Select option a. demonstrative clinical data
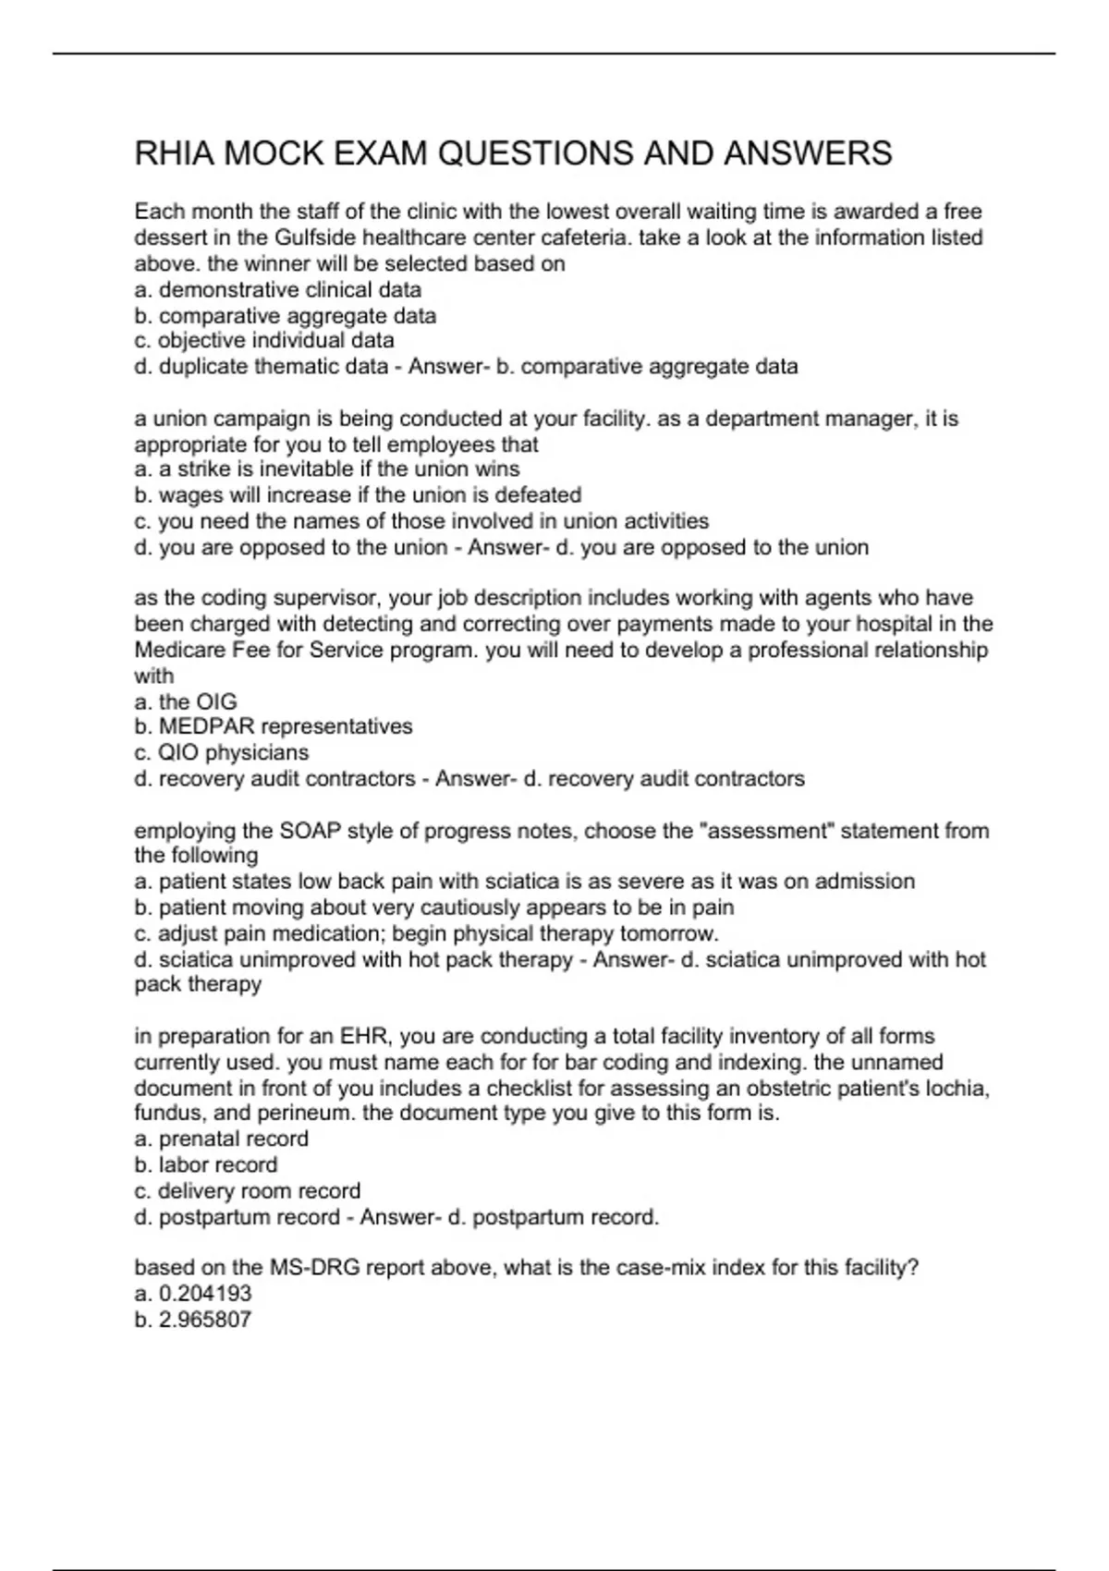(x=277, y=289)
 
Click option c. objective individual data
(x=264, y=340)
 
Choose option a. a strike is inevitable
(x=326, y=469)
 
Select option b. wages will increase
(x=358, y=494)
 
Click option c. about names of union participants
(x=421, y=520)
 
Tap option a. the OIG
(x=185, y=701)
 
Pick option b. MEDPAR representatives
(x=274, y=726)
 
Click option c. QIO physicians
(x=222, y=752)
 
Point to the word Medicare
(x=177, y=650)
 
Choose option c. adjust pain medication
(x=426, y=933)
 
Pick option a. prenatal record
(x=222, y=1139)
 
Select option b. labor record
(x=206, y=1164)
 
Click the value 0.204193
(x=205, y=1294)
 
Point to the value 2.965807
(x=205, y=1320)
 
